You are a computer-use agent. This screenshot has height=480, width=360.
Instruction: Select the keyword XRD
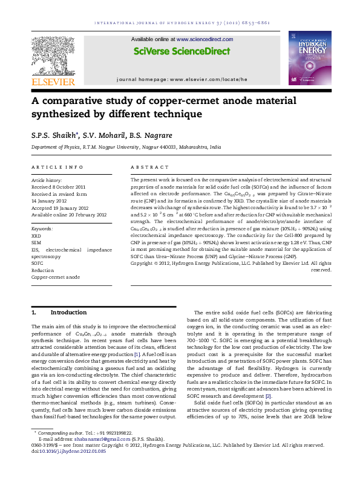(x=36, y=236)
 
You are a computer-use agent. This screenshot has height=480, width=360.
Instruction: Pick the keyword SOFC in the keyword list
(x=38, y=263)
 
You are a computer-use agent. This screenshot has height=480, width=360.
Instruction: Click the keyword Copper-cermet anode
(x=56, y=277)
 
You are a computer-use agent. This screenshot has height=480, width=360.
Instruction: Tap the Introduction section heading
(x=68, y=313)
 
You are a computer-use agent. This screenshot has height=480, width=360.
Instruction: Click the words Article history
(x=47, y=180)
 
